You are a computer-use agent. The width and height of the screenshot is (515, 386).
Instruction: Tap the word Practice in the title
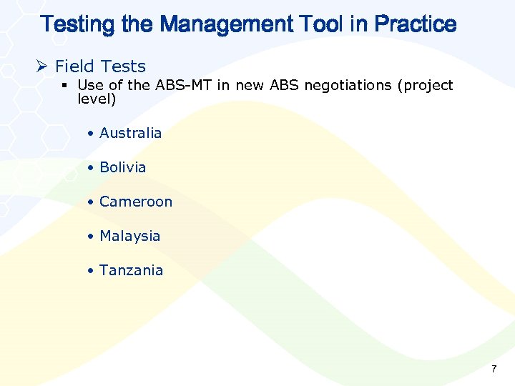(x=415, y=24)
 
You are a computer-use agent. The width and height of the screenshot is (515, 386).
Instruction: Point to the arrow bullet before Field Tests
(x=42, y=66)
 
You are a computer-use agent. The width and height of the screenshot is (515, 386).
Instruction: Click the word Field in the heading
(x=74, y=66)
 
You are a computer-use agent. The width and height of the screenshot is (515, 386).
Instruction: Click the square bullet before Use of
(x=65, y=86)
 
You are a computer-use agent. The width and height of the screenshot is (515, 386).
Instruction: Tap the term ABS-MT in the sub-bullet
(x=177, y=85)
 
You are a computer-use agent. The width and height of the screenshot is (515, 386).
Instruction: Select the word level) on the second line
(x=97, y=99)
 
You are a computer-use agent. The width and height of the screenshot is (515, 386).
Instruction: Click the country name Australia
(x=131, y=133)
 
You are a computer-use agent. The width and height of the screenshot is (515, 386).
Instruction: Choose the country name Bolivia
(x=123, y=167)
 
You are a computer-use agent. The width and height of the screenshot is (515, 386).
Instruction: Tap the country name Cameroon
(x=136, y=202)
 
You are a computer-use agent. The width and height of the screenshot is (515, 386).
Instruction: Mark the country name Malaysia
(x=130, y=236)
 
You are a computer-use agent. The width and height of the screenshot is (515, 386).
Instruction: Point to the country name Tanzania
(x=132, y=270)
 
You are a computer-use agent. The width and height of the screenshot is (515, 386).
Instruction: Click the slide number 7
(x=493, y=369)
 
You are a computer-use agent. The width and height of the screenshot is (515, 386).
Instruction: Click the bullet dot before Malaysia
(x=90, y=237)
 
